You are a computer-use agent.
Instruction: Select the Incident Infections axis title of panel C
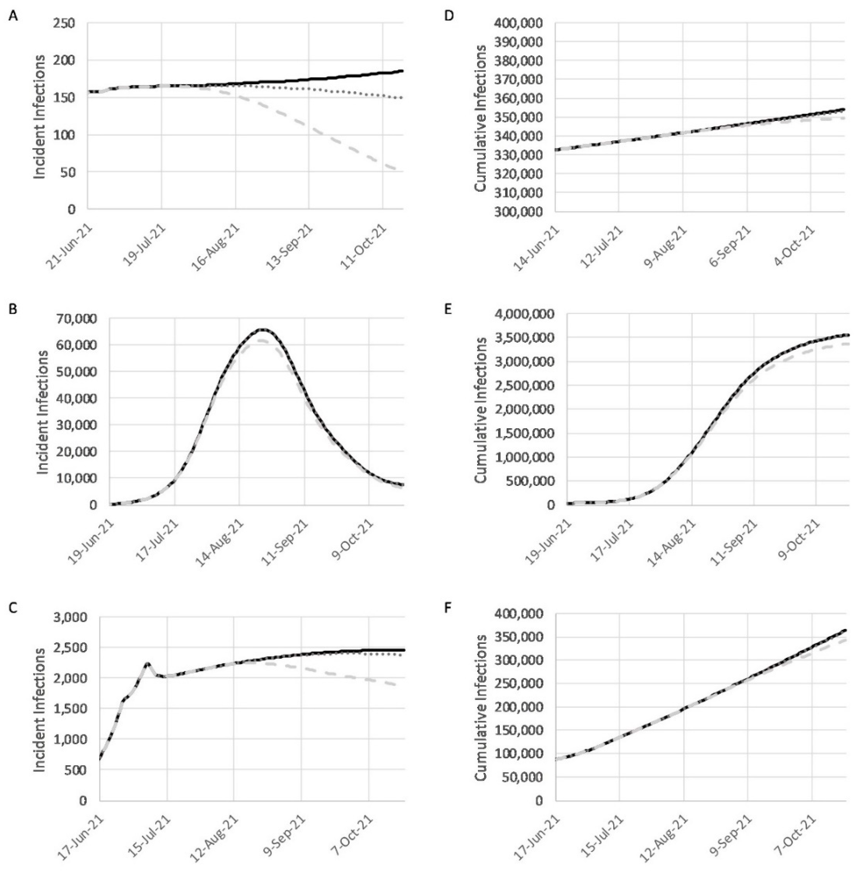tap(40, 709)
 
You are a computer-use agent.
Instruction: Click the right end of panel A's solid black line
tap(402, 71)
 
